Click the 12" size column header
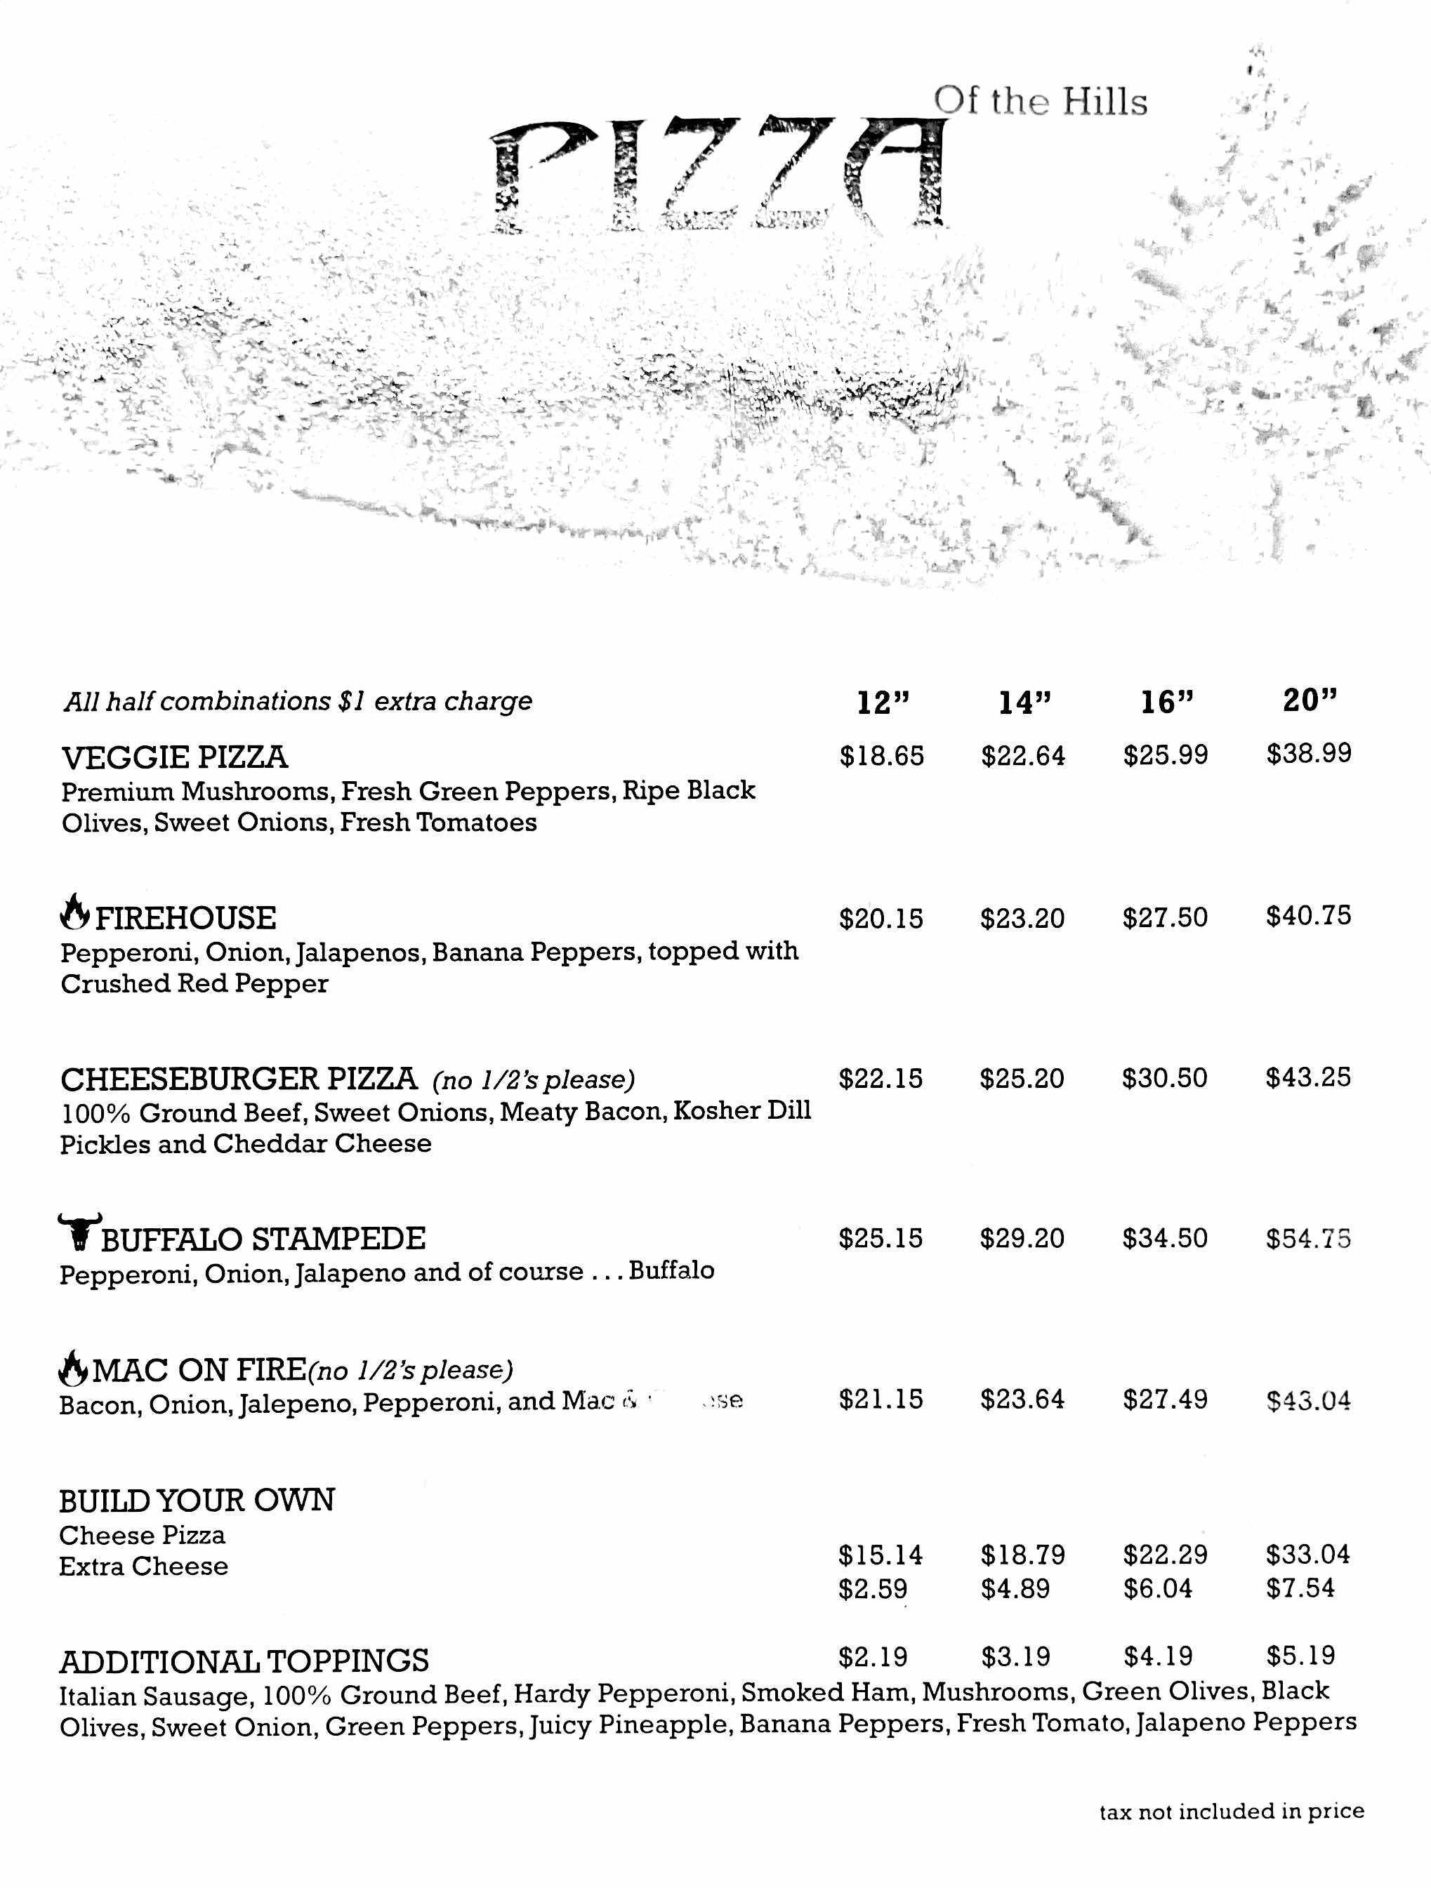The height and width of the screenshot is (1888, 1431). coord(883,703)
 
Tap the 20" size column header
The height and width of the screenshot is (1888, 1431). coord(1309,700)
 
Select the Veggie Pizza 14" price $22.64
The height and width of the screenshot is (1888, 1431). coord(1023,756)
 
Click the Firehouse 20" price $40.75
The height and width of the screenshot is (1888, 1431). coord(1308,916)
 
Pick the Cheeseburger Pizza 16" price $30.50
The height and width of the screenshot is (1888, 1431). coord(1165,1077)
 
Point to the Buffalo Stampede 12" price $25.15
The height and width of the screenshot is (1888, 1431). coord(881,1239)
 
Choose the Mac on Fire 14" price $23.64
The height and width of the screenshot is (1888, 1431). coord(1023,1399)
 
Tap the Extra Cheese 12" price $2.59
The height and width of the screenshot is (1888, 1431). coord(873,1589)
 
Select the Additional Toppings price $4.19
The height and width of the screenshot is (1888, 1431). coord(1158,1656)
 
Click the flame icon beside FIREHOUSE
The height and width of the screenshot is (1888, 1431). coord(75,912)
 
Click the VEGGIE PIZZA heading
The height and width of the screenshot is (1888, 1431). coord(175,758)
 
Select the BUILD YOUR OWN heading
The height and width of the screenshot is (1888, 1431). coord(197,1500)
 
